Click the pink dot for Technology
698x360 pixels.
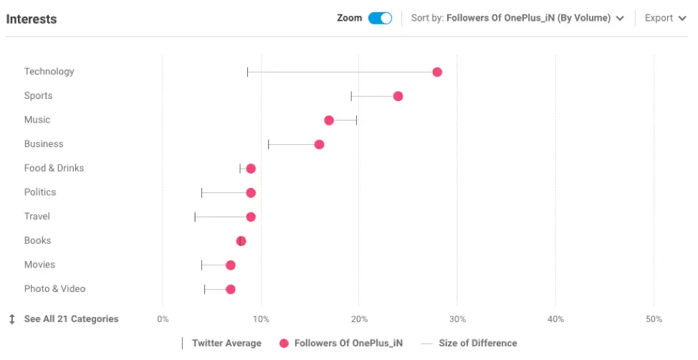click(x=437, y=72)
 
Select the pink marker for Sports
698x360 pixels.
click(x=398, y=96)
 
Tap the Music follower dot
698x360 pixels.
click(x=329, y=120)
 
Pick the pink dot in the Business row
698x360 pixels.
click(x=319, y=145)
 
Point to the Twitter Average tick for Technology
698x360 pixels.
click(x=247, y=72)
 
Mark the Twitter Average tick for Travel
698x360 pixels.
click(x=195, y=217)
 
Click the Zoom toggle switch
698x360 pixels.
click(x=380, y=18)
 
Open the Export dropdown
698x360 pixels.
click(x=665, y=18)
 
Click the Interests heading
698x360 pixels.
click(x=32, y=19)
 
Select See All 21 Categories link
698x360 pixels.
click(x=71, y=319)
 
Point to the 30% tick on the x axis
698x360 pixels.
click(x=457, y=319)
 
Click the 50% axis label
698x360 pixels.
click(x=654, y=319)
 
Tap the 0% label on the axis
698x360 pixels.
click(x=163, y=319)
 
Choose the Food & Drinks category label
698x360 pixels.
click(x=54, y=168)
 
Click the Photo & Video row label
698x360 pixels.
click(x=54, y=289)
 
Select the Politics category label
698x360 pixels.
click(x=40, y=192)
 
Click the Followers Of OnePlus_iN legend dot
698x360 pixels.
click(x=284, y=344)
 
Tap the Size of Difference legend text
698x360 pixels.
click(x=477, y=344)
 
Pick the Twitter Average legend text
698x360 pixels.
click(x=226, y=344)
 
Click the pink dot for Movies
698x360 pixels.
click(x=230, y=265)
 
